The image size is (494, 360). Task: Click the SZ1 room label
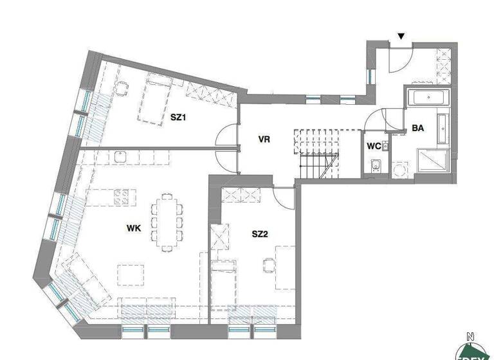click(x=178, y=118)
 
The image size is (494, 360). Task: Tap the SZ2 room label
click(x=260, y=234)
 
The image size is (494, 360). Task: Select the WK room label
click(x=134, y=227)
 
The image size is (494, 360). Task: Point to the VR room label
click(x=263, y=139)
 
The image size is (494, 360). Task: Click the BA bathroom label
click(x=417, y=128)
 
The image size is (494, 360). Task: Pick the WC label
click(x=374, y=146)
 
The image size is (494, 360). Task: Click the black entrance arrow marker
click(x=401, y=37)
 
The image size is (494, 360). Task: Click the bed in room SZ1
click(x=155, y=98)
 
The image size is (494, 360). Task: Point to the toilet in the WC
click(x=377, y=167)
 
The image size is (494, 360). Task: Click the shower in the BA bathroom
click(x=434, y=161)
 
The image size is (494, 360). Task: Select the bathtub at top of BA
click(x=428, y=99)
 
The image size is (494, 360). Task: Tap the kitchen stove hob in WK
click(x=122, y=196)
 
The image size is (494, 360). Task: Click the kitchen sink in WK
click(x=119, y=156)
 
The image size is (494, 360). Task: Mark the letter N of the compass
click(x=470, y=336)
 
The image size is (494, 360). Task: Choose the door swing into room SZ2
click(x=282, y=193)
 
